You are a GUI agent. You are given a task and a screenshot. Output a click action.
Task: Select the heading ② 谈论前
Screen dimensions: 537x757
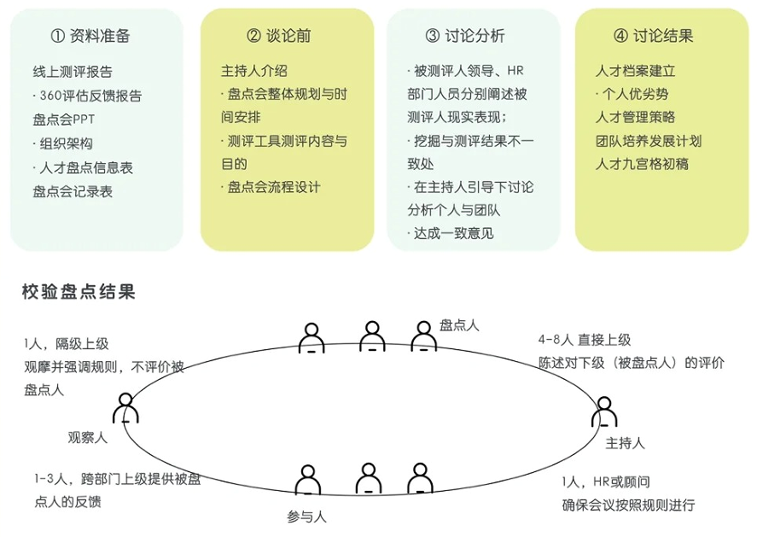click(278, 36)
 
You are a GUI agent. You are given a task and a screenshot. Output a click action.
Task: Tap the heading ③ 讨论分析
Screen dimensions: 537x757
click(465, 36)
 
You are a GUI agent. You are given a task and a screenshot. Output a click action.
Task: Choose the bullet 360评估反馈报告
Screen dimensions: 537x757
click(89, 96)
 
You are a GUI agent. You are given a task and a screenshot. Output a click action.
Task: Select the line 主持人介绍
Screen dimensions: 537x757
click(254, 71)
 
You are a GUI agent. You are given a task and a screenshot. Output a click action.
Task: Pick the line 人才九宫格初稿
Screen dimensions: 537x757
click(642, 164)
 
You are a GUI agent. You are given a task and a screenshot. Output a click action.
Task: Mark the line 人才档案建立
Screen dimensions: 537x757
click(635, 71)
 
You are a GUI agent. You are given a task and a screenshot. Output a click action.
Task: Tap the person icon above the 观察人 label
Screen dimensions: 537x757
click(125, 408)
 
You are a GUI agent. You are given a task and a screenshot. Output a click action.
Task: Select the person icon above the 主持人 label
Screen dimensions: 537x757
click(603, 412)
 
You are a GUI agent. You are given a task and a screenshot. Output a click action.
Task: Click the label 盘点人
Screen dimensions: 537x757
click(459, 324)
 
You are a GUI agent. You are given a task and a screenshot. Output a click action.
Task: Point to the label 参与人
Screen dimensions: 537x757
click(307, 516)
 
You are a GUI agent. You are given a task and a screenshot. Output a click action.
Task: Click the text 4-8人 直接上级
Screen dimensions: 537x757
click(585, 340)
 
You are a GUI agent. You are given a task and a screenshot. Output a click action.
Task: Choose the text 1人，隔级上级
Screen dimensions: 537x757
click(67, 344)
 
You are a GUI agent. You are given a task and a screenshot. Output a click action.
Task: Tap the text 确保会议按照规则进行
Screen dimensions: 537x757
click(628, 505)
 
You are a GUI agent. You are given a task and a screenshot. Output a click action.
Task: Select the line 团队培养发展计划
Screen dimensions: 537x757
click(648, 141)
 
